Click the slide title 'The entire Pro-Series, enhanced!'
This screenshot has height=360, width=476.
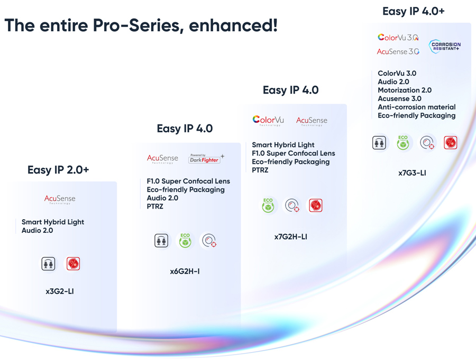(x=141, y=25)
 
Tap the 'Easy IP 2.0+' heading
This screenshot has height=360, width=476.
(x=58, y=170)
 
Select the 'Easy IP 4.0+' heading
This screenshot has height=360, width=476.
(x=413, y=11)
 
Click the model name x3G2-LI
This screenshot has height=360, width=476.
(x=60, y=291)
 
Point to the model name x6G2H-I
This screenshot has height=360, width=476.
(x=185, y=272)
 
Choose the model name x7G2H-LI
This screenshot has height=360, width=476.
(x=290, y=237)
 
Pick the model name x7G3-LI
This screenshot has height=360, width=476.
(x=412, y=173)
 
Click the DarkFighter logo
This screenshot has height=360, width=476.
(x=206, y=159)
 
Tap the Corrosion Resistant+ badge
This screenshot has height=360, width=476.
(x=445, y=47)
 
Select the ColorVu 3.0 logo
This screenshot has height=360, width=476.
(x=398, y=38)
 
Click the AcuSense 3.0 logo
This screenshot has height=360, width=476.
(x=398, y=51)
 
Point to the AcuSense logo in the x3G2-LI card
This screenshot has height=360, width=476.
(x=60, y=199)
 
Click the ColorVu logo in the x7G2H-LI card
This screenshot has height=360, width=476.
(x=268, y=121)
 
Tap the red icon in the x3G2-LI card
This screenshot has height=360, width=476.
(x=73, y=263)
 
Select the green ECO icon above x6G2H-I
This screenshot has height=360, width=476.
(x=185, y=240)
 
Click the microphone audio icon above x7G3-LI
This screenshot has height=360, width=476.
(x=379, y=143)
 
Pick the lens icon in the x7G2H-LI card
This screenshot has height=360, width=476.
(x=292, y=205)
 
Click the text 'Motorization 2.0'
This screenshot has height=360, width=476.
(x=405, y=90)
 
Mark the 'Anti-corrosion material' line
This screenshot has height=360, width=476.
(x=416, y=107)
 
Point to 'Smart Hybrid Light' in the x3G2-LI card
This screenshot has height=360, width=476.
(x=53, y=222)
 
